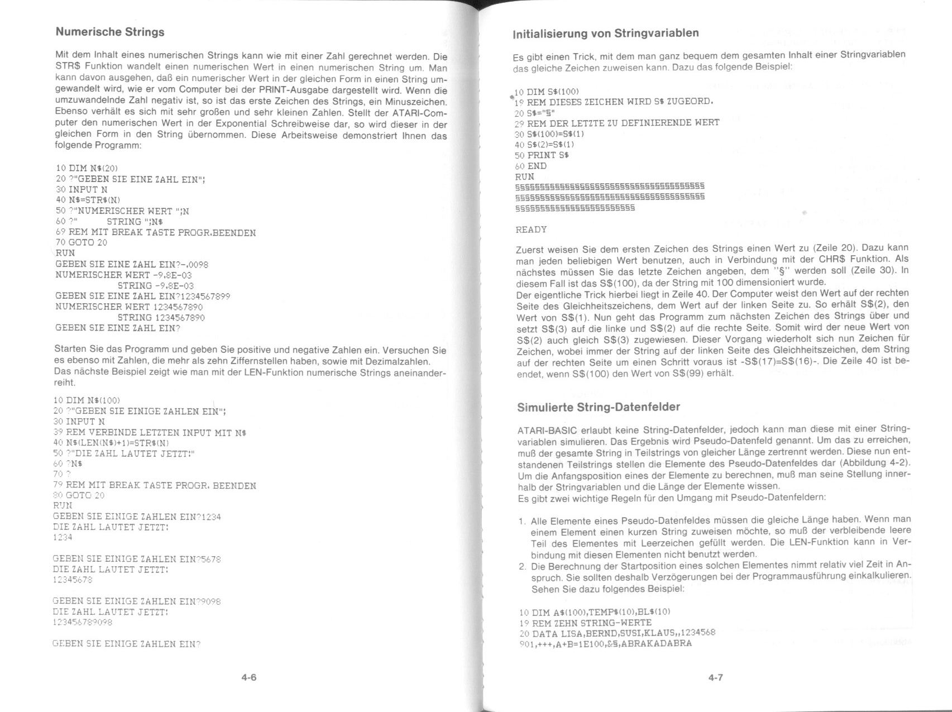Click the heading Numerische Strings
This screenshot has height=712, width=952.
point(110,32)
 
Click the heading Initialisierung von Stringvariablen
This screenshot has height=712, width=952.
point(606,33)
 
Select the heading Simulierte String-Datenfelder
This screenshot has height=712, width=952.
point(599,407)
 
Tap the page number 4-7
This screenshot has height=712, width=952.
point(716,677)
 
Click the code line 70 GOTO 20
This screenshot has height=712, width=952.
point(82,242)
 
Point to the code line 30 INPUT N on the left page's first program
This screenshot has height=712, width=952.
point(82,189)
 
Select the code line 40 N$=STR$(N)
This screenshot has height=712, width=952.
point(88,200)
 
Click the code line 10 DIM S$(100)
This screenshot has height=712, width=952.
point(547,91)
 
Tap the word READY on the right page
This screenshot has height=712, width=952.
point(532,230)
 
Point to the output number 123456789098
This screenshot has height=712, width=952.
point(82,622)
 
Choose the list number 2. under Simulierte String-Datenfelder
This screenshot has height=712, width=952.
point(522,566)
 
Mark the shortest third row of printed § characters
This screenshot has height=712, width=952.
point(575,208)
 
